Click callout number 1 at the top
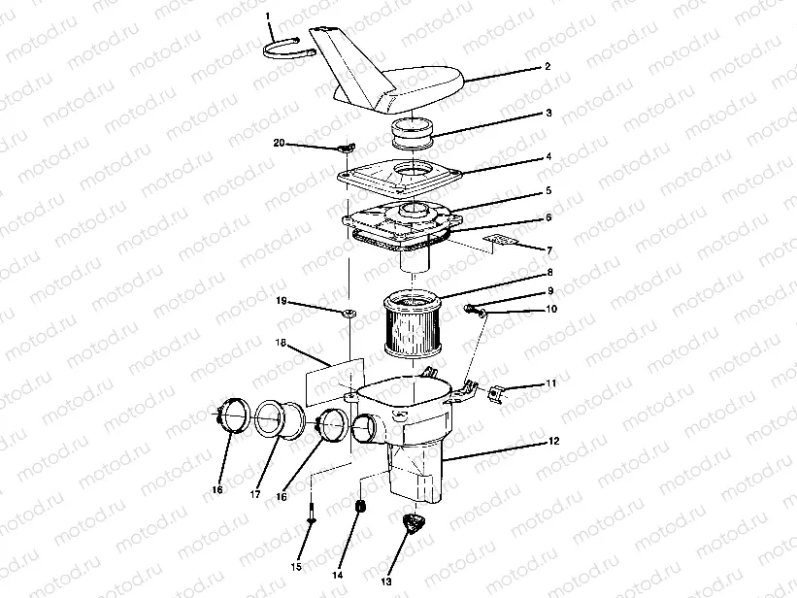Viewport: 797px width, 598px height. [269, 17]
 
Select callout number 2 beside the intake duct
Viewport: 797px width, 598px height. [548, 67]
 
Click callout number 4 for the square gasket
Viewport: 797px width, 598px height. [548, 157]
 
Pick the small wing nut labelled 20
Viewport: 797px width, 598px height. [345, 149]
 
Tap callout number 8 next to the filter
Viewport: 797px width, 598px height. [548, 274]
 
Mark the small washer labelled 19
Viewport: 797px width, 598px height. [347, 313]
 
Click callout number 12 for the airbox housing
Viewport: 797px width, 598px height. [553, 441]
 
